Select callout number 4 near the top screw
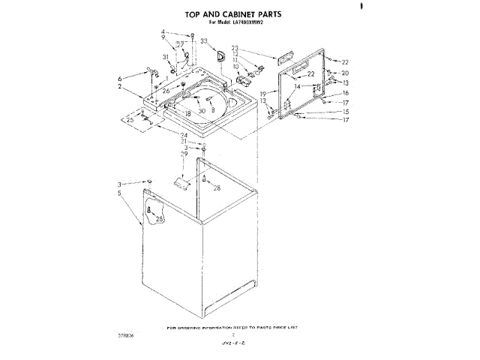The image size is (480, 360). [x=163, y=31]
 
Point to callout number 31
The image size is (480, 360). [x=165, y=57]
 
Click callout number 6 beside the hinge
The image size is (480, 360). [x=119, y=78]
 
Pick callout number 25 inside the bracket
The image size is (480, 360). [x=130, y=120]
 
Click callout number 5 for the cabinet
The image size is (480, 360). [x=119, y=193]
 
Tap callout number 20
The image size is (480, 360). [x=345, y=73]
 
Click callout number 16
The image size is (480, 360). [x=346, y=92]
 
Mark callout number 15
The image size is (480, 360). [x=346, y=112]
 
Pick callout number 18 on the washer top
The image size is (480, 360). [x=187, y=112]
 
